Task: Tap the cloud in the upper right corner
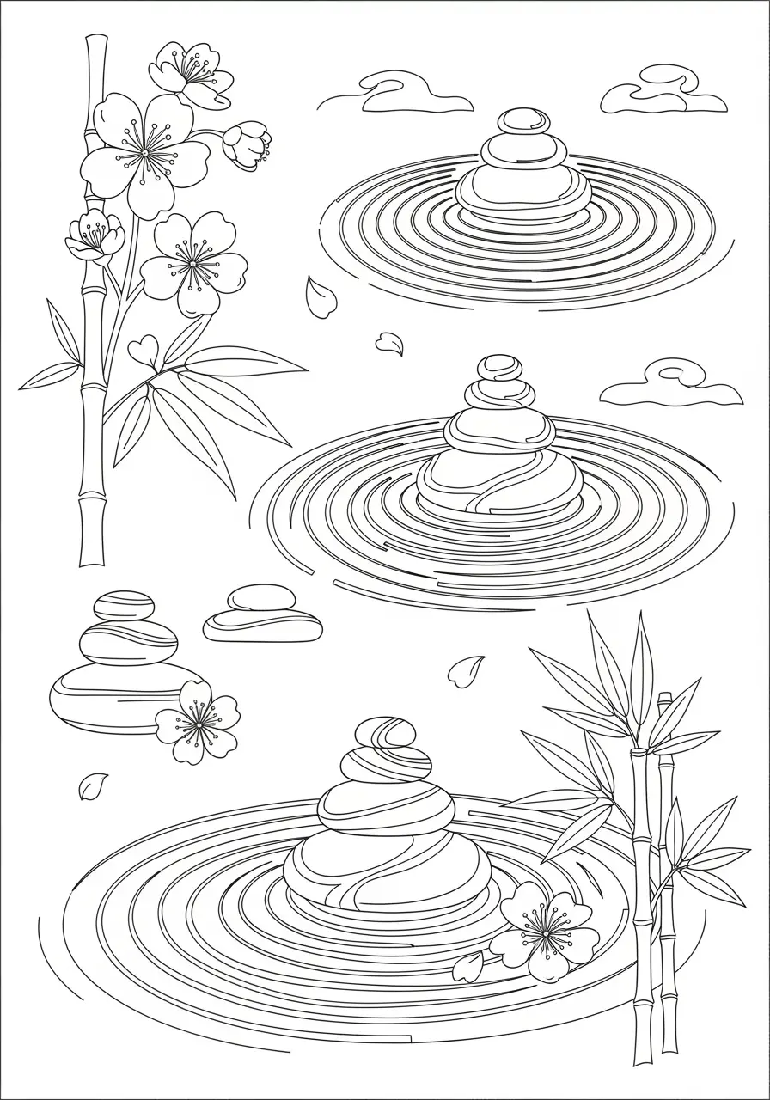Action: click(x=662, y=98)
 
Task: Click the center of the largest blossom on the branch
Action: click(x=144, y=153)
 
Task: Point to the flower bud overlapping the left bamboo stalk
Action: click(x=95, y=234)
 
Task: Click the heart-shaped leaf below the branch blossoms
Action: click(x=143, y=351)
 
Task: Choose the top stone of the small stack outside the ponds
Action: click(x=124, y=605)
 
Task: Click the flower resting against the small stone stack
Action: click(x=199, y=724)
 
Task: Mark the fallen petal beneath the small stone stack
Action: click(x=93, y=785)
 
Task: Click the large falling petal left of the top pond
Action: click(x=321, y=296)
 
